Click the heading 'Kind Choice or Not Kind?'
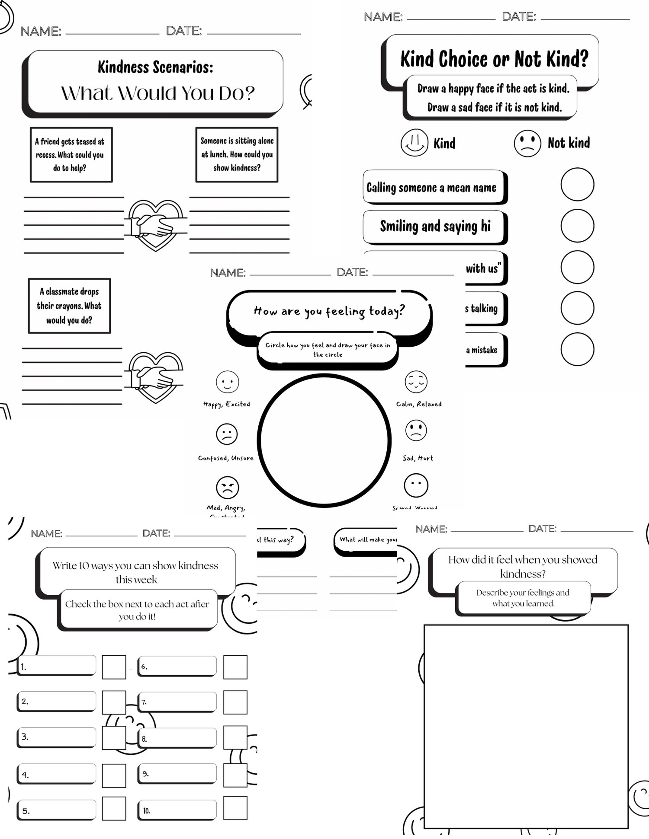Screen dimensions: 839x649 coord(494,59)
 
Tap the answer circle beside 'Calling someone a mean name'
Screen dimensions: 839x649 coord(577,184)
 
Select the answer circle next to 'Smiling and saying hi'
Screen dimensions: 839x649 coord(577,226)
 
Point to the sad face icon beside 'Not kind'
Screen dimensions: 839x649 coord(527,143)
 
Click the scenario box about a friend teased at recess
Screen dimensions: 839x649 coord(71,154)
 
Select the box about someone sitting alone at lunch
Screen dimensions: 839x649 coord(237,154)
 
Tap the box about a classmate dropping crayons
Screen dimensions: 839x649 coord(69,306)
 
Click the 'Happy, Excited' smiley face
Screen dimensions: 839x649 coord(227,382)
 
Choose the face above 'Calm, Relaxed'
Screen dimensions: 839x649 coord(416,382)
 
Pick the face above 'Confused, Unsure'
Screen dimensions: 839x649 coord(227,434)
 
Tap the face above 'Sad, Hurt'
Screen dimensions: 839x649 coord(416,431)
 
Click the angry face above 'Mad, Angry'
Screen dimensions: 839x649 coord(227,487)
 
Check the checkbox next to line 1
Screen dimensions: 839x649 coord(114,667)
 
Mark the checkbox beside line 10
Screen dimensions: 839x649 coord(235,808)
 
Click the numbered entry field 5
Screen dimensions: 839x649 coord(57,809)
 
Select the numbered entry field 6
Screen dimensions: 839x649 coord(177,666)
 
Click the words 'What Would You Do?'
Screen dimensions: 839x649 coord(158,93)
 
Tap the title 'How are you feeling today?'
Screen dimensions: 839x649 coord(329,311)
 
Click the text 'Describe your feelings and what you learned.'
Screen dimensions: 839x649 coord(523,598)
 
